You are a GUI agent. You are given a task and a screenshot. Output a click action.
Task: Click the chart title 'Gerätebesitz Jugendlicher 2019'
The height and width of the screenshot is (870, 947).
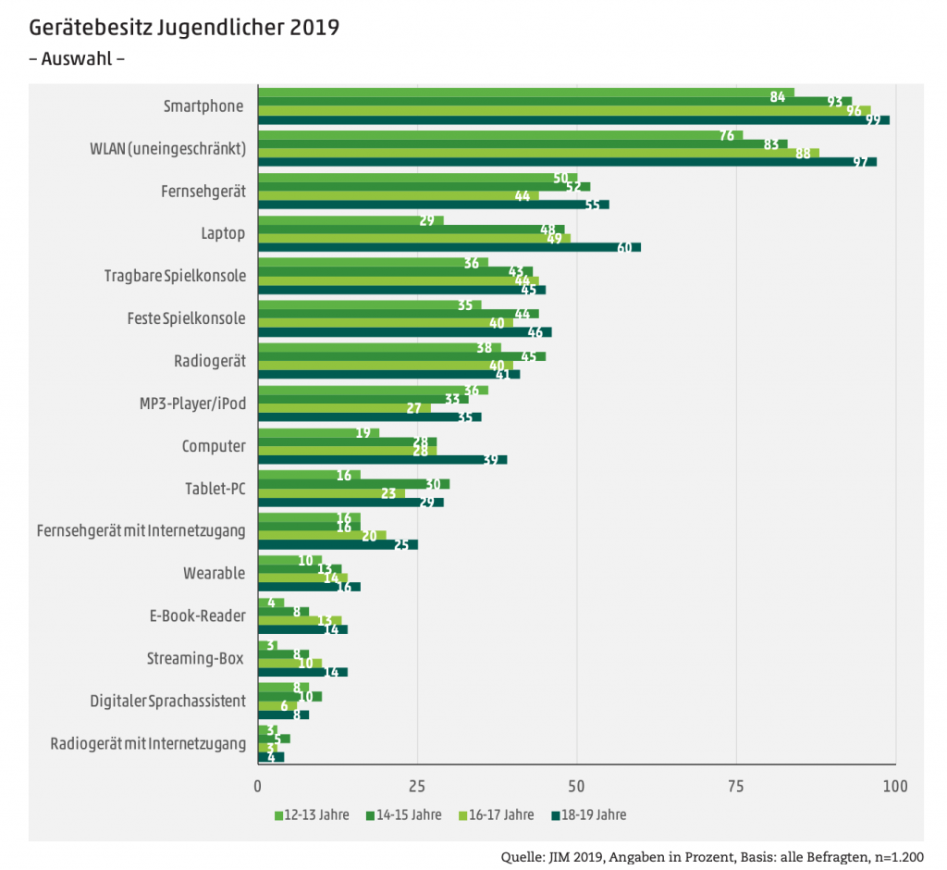pyautogui.click(x=184, y=27)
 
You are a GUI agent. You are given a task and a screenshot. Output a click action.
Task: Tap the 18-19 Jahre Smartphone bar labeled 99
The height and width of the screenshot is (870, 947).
pyautogui.click(x=573, y=120)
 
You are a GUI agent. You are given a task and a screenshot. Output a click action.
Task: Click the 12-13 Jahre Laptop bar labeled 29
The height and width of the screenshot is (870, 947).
pyautogui.click(x=351, y=220)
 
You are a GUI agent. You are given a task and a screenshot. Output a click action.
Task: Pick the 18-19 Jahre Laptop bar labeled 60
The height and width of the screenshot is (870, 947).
pyautogui.click(x=449, y=247)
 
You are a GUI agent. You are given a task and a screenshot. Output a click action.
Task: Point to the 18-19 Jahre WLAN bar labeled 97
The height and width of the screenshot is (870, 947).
pyautogui.click(x=567, y=162)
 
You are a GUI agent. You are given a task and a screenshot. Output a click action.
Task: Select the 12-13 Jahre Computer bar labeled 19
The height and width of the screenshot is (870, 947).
pyautogui.click(x=318, y=432)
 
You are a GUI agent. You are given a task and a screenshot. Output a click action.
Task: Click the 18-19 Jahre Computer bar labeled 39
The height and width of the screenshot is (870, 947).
pyautogui.click(x=382, y=460)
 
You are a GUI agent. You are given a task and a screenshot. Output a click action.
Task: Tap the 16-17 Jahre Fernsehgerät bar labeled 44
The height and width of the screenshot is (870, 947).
pyautogui.click(x=398, y=196)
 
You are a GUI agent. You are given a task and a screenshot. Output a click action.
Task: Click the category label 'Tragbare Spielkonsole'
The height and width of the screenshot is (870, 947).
pyautogui.click(x=175, y=276)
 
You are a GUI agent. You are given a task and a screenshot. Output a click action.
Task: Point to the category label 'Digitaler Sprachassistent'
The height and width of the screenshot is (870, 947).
pyautogui.click(x=167, y=701)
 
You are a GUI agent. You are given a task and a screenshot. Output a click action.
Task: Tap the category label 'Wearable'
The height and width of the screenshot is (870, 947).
pyautogui.click(x=214, y=573)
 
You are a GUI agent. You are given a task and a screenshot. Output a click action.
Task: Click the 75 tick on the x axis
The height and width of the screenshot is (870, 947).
pyautogui.click(x=736, y=787)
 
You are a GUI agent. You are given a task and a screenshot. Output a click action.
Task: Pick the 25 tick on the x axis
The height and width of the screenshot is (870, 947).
pyautogui.click(x=417, y=787)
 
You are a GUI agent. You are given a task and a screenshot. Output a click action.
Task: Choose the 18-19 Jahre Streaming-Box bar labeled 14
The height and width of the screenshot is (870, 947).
pyautogui.click(x=302, y=672)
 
